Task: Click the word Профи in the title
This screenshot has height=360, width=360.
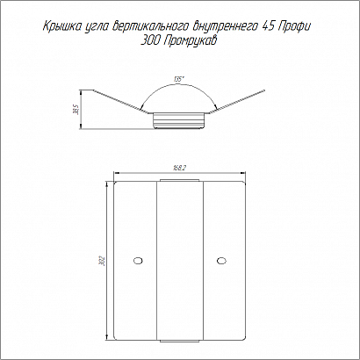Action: coord(295,26)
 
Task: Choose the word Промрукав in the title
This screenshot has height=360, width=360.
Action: coord(190,42)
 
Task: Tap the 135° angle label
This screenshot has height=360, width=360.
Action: coord(177,79)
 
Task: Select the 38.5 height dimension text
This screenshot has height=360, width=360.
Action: coord(77,110)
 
